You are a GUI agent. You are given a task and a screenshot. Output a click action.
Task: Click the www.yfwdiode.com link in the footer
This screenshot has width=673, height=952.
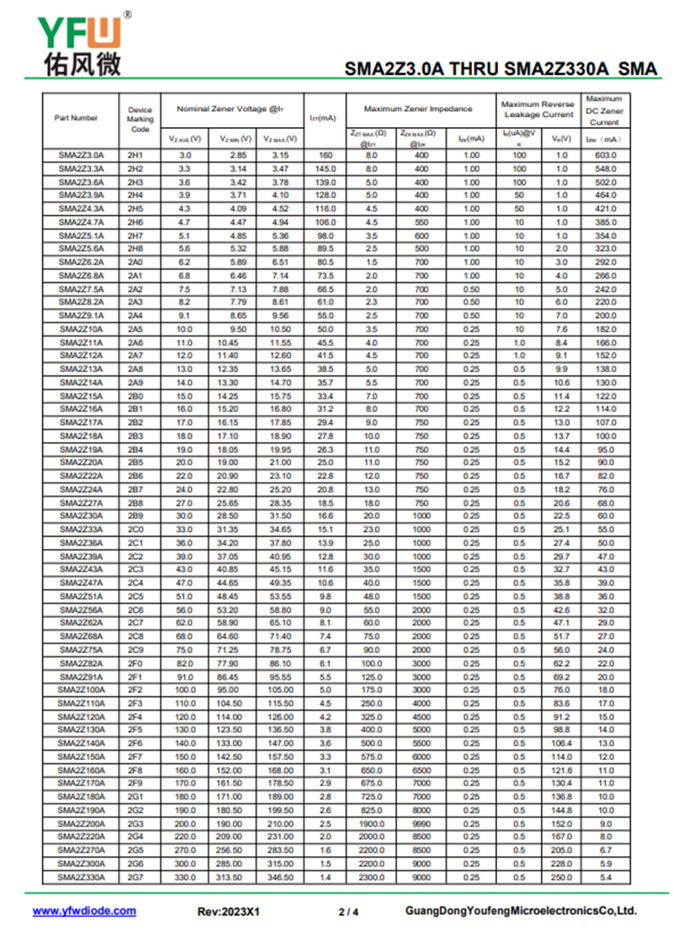(84, 911)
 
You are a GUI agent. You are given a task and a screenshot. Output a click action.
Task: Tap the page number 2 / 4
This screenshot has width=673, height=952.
(348, 912)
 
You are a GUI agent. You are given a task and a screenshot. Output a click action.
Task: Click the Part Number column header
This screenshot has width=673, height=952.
(77, 118)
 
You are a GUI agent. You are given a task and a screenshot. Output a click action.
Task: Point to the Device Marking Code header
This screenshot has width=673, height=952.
(140, 119)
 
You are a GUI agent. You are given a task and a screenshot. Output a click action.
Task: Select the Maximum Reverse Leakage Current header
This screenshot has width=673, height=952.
(538, 109)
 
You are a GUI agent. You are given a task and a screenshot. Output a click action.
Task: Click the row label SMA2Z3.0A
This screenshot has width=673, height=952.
(81, 156)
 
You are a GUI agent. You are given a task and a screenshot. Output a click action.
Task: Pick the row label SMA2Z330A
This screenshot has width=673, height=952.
(81, 877)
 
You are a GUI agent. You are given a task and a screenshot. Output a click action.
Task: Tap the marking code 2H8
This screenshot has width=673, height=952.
(135, 248)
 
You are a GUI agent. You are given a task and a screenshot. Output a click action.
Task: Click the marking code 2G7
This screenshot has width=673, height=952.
(135, 877)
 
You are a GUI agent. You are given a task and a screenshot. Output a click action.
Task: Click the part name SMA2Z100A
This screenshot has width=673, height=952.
(81, 690)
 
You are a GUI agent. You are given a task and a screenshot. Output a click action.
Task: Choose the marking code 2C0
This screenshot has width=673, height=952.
(135, 529)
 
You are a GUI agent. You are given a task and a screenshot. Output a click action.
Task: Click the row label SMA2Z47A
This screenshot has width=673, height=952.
(81, 582)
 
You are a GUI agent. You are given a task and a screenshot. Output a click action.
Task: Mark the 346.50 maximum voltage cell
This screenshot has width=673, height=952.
(279, 877)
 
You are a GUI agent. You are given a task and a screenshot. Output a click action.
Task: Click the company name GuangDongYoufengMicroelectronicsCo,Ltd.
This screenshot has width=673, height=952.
(521, 912)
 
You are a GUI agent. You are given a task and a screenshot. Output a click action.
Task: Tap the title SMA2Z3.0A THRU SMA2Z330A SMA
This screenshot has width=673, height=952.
(501, 69)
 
